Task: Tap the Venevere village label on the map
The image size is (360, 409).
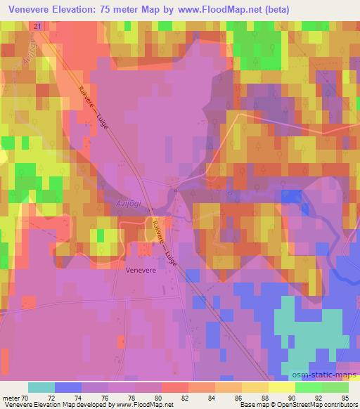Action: (x=139, y=268)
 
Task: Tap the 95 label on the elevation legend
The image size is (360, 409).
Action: (x=344, y=398)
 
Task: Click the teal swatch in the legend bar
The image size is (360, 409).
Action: (x=41, y=387)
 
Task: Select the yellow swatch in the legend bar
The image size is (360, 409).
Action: (x=281, y=387)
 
